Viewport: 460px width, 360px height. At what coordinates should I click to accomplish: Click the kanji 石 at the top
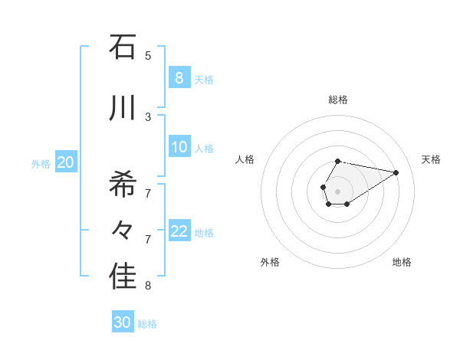pos(123,47)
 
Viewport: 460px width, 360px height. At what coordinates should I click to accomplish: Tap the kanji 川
pos(123,107)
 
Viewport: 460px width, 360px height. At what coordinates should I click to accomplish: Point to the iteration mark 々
pos(123,230)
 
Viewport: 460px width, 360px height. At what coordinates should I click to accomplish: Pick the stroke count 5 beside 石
pos(148,55)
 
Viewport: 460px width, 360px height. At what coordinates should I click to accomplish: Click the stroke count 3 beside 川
pos(148,116)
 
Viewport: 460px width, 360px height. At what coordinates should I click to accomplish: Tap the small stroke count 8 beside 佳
pos(148,286)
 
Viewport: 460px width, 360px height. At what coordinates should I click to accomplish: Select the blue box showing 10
pos(179,148)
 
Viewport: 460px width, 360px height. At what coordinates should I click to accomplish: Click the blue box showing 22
pos(179,232)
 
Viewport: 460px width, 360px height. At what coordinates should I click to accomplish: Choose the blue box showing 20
pos(66,162)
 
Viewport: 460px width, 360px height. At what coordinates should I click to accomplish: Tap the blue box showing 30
pos(123,323)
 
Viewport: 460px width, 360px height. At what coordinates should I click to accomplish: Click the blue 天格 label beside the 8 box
pos(204,80)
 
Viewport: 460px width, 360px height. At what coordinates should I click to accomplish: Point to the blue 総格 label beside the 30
pos(147,324)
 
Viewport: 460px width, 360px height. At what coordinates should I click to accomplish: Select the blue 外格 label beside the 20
pos(41,163)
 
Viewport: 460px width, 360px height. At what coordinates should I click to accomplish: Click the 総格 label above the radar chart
pos(338,100)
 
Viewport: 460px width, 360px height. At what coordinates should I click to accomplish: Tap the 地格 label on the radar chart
pos(402,262)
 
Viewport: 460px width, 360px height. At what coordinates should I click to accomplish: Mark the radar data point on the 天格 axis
pos(396,172)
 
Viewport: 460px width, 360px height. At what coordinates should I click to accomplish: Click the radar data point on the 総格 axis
pos(338,162)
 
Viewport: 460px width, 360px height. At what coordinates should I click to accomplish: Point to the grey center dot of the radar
pos(338,191)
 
